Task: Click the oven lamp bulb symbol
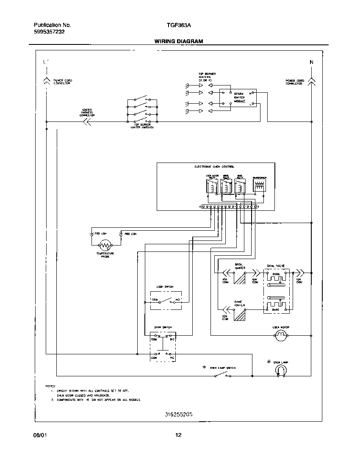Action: (280, 370)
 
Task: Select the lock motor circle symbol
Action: (280, 336)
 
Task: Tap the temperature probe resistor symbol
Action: (105, 245)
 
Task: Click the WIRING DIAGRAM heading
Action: (178, 41)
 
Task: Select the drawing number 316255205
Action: (179, 415)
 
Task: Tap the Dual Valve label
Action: (276, 266)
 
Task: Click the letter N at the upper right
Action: (311, 62)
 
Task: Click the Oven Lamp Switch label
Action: (223, 368)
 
